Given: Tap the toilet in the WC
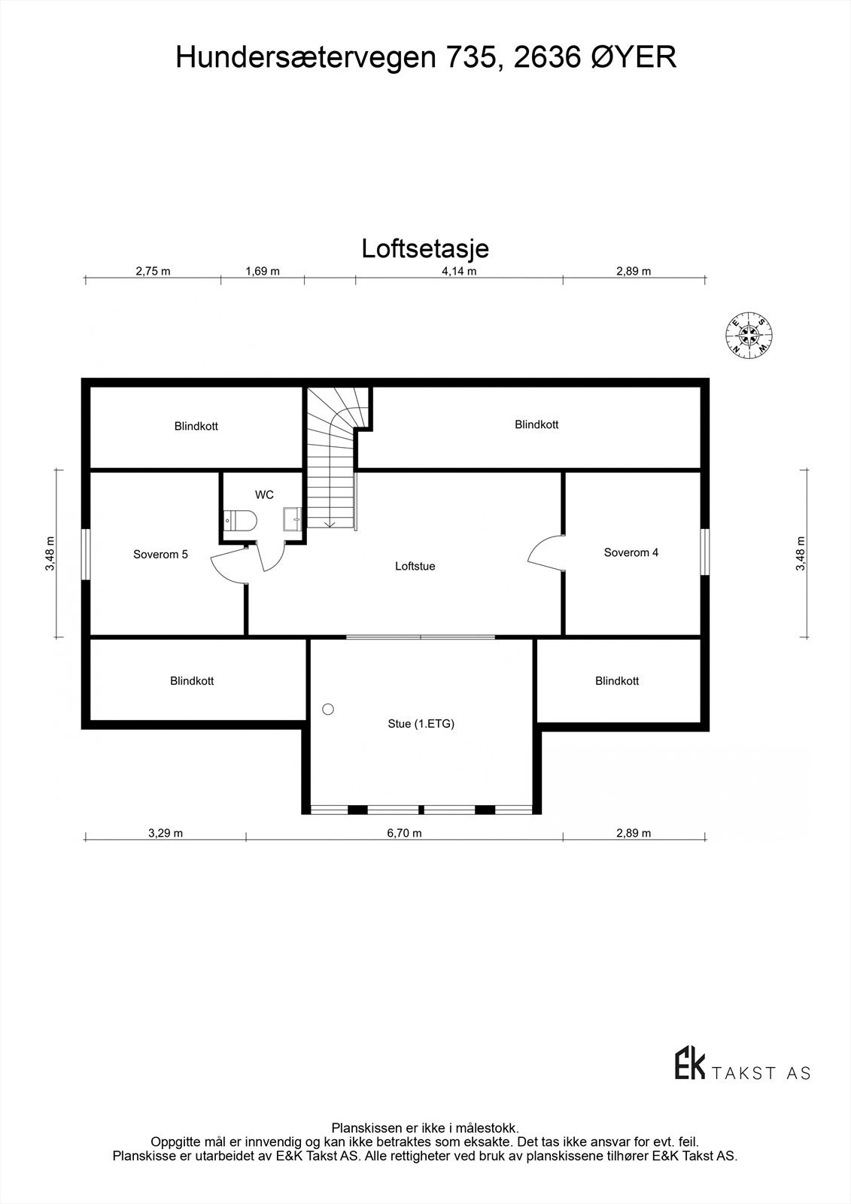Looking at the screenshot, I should [x=241, y=520].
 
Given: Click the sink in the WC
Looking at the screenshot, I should [x=292, y=519].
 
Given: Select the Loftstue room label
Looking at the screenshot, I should [x=415, y=566].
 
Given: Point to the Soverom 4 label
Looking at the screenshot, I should [x=631, y=552].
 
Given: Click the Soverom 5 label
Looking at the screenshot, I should [x=160, y=555].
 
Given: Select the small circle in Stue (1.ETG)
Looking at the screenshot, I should [x=327, y=709].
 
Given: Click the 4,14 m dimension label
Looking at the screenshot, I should [x=459, y=271].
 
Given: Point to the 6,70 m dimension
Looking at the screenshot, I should [x=404, y=833].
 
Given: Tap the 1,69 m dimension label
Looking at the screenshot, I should [x=263, y=271].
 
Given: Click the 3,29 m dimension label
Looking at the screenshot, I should [x=166, y=833].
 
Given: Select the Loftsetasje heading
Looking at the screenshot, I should [x=425, y=248].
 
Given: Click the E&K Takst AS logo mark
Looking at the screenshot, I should [x=689, y=1063].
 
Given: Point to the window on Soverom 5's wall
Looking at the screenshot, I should [x=87, y=553].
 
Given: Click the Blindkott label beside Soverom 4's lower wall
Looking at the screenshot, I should [x=617, y=681].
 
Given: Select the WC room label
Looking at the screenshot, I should [x=264, y=494].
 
